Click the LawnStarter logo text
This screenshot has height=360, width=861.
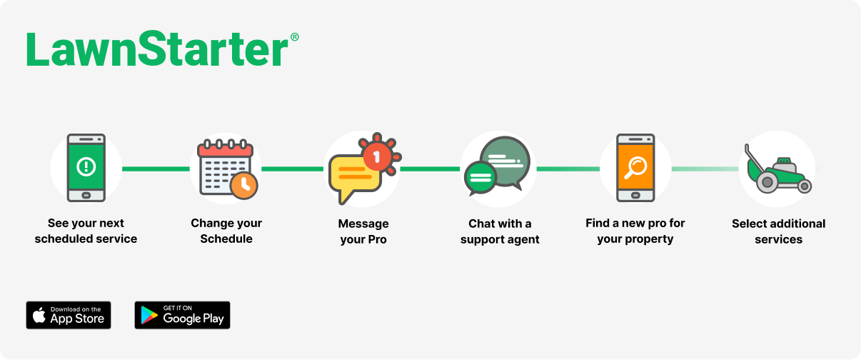(x=157, y=49)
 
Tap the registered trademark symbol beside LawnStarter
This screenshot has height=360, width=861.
(x=294, y=37)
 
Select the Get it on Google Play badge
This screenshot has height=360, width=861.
(x=182, y=315)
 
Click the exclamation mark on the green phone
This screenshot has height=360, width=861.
(x=86, y=166)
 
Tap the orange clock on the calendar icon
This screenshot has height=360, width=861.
(x=243, y=186)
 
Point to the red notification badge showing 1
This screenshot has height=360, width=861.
(x=378, y=156)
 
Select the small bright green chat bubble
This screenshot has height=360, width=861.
(x=480, y=178)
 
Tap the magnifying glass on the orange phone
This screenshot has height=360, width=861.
(x=635, y=167)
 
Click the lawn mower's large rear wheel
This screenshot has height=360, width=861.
(x=767, y=182)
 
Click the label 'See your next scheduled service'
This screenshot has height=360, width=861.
(x=86, y=231)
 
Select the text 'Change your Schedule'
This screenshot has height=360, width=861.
(x=226, y=231)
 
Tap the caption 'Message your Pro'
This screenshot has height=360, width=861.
(x=363, y=231)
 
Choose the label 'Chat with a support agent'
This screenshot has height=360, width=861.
(x=500, y=231)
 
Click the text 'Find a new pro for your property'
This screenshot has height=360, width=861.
(x=635, y=231)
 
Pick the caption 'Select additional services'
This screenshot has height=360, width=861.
(x=778, y=231)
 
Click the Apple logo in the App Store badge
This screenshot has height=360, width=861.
(x=39, y=315)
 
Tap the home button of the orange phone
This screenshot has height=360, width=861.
(x=635, y=196)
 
